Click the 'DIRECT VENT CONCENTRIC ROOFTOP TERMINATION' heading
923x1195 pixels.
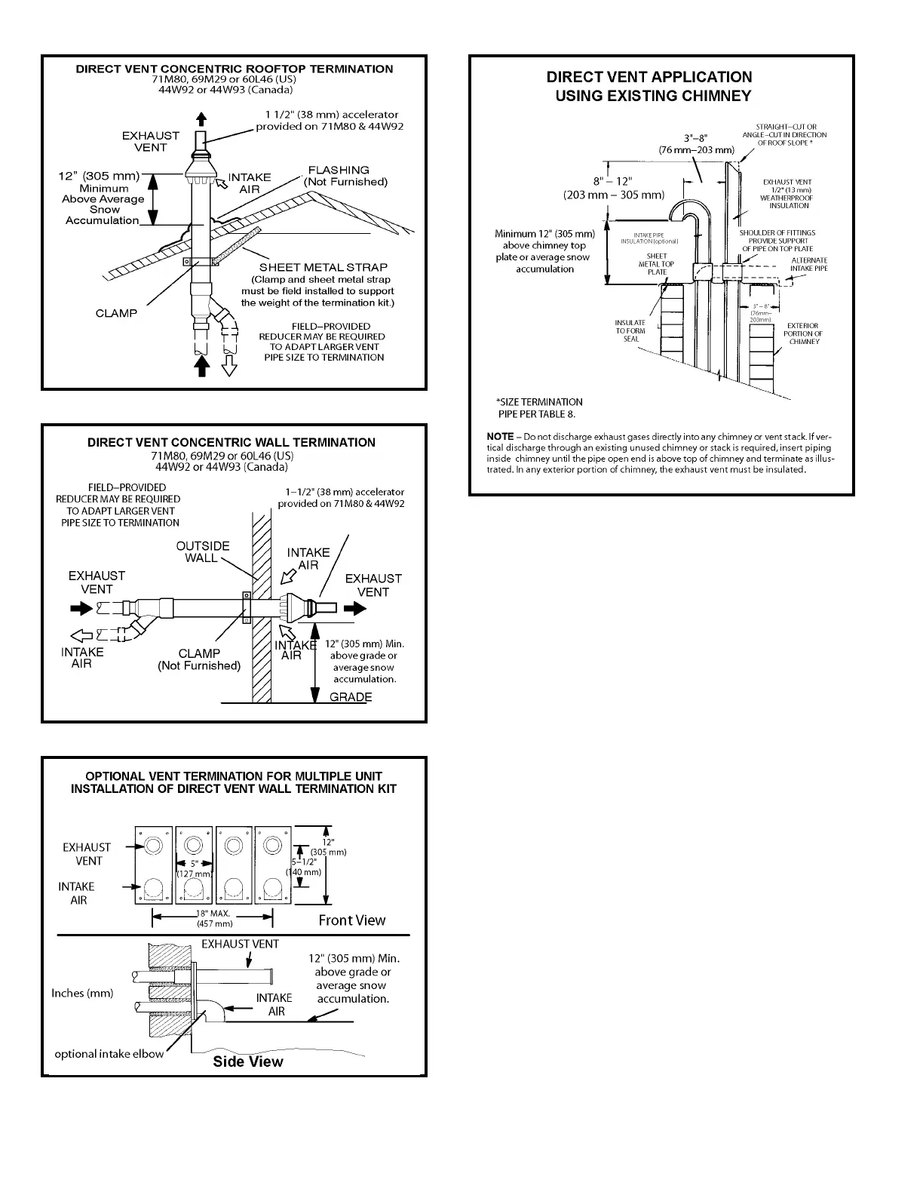[x=234, y=69]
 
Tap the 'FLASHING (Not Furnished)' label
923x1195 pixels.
[x=345, y=176]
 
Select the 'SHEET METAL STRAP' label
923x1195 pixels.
[x=324, y=267]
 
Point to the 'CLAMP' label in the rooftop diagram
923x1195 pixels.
[x=116, y=313]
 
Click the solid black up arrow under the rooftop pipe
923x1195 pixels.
[x=201, y=365]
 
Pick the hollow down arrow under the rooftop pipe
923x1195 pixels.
[x=229, y=366]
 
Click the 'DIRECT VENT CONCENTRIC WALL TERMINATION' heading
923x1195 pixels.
[x=231, y=442]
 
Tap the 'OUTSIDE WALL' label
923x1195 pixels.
[x=202, y=551]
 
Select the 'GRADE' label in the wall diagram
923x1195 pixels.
[x=351, y=696]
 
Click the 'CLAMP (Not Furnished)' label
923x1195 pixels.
[x=199, y=659]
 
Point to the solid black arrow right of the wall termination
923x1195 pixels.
[x=354, y=610]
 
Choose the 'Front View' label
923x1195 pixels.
[x=351, y=920]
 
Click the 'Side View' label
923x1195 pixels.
[x=247, y=1061]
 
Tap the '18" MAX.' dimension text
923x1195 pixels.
[x=214, y=914]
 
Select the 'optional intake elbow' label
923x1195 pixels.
[x=109, y=1053]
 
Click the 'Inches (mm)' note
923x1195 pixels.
[x=82, y=993]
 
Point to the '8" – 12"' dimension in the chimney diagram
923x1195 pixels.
[x=612, y=181]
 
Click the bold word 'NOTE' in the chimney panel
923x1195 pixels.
[x=500, y=437]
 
